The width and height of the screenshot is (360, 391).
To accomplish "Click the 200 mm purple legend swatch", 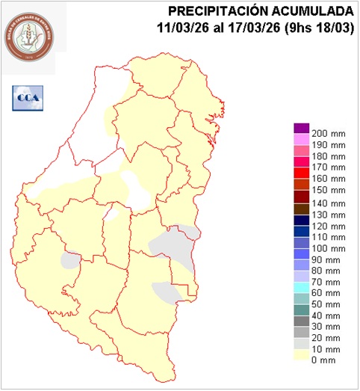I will tap(301, 128).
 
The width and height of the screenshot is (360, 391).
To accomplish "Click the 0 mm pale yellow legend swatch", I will tap(301, 359).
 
